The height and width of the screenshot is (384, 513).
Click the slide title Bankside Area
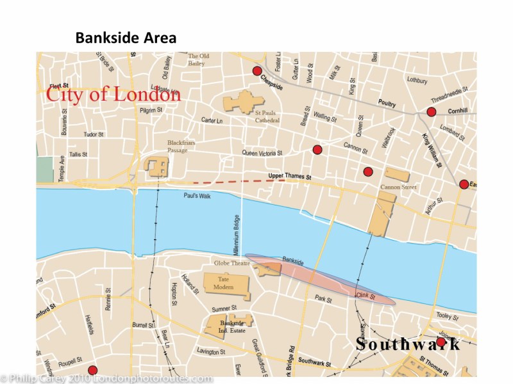126,38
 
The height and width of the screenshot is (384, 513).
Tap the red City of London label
113,95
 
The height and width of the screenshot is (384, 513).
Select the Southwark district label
408,344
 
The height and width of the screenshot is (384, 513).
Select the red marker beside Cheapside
257,71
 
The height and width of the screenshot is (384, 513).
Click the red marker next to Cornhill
431,112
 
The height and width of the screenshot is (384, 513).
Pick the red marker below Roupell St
92,370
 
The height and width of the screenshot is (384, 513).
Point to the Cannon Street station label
399,188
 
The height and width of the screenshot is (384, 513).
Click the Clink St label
364,295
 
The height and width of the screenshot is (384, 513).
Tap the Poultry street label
387,102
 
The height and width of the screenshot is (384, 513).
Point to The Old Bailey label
198,60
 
